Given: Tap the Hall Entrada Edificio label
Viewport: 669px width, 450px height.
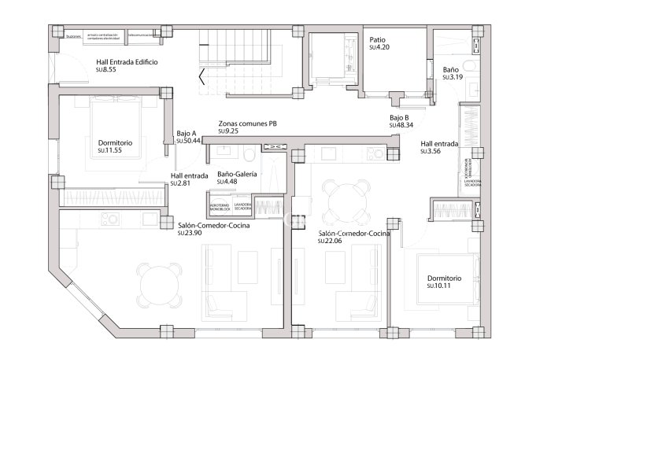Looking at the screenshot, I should [127, 61].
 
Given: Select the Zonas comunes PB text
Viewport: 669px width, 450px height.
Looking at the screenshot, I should [247, 124].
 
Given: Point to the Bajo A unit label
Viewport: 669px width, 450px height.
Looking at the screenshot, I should [186, 133].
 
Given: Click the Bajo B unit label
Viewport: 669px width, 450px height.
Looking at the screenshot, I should [399, 118].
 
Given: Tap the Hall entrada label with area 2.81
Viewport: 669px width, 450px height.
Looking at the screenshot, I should [189, 175].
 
